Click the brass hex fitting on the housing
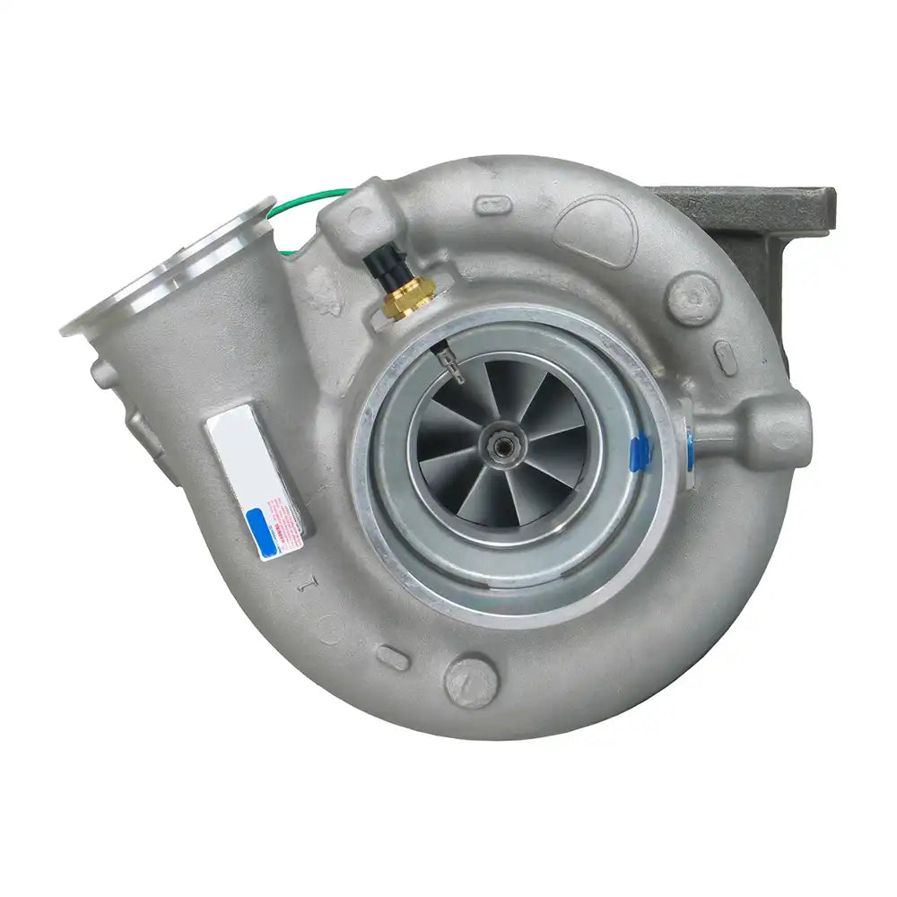pyautogui.click(x=408, y=297)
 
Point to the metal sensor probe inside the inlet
pyautogui.click(x=448, y=362)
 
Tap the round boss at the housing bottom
pyautogui.click(x=469, y=682)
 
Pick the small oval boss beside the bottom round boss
pyautogui.click(x=393, y=658)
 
